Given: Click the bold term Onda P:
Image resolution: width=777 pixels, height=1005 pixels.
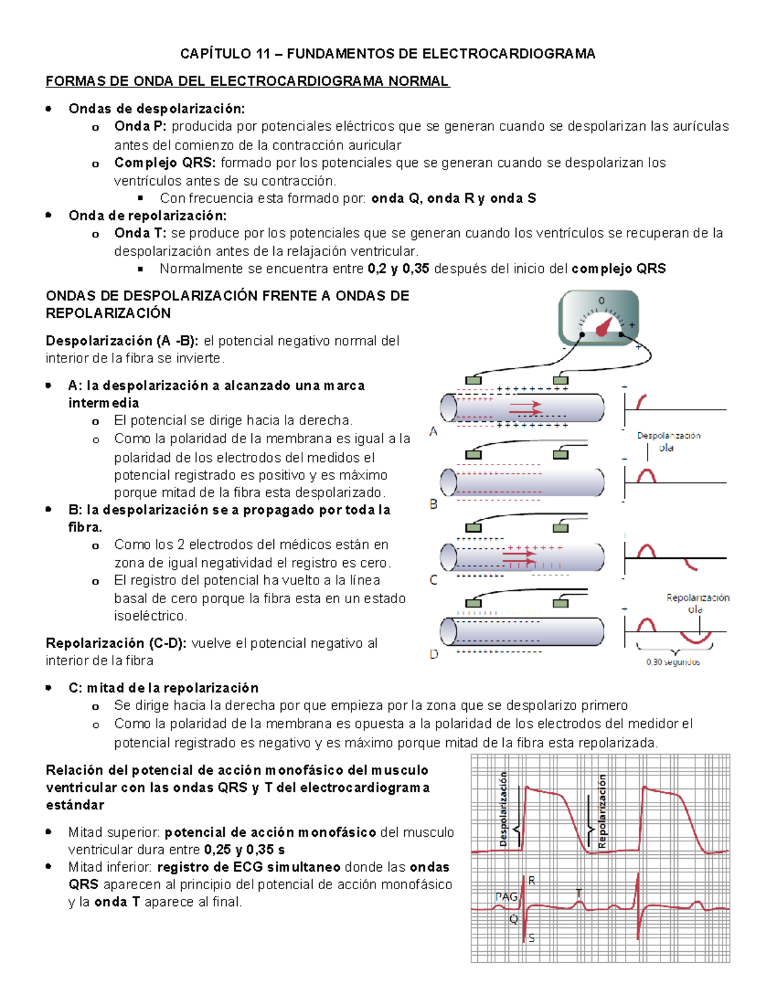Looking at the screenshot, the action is tap(141, 126).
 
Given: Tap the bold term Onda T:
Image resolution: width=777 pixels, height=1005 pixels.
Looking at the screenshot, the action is tap(140, 233).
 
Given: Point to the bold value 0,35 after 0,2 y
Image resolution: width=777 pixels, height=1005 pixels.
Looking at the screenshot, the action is tap(416, 269).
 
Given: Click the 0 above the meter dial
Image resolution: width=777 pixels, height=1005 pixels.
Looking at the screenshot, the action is tap(601, 300).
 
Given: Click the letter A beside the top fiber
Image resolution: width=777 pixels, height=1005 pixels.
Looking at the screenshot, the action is tap(434, 432).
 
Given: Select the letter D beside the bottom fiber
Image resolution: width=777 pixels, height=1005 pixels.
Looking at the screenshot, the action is tap(434, 654).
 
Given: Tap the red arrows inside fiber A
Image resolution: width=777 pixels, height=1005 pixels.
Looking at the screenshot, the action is tap(524, 408).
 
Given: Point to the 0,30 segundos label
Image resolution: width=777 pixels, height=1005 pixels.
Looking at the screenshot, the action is tap(673, 662).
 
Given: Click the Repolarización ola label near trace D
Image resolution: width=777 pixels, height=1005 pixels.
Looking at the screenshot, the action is tap(697, 603).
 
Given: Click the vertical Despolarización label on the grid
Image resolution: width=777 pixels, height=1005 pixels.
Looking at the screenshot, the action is tap(503, 809).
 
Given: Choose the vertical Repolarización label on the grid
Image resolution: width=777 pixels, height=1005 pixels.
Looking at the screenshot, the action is tap(602, 812).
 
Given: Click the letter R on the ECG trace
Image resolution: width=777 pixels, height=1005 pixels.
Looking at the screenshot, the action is tap(532, 880).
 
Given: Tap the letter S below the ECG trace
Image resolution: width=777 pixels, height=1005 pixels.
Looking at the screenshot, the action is tap(532, 938).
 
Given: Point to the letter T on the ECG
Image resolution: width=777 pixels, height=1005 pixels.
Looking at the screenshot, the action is tap(579, 894).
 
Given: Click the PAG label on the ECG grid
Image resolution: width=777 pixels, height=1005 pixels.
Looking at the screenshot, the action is tap(506, 896).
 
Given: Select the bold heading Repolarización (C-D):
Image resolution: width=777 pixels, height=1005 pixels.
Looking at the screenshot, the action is tap(116, 643).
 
